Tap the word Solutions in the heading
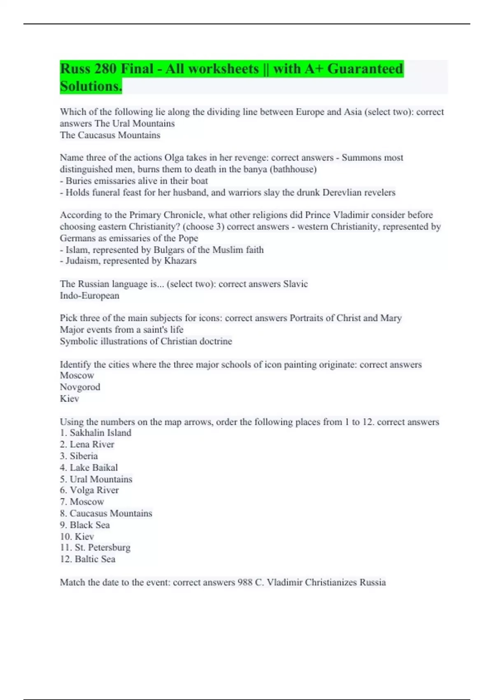coord(91,86)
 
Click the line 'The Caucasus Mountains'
coord(110,135)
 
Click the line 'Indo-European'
coord(89,296)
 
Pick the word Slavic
coord(295,284)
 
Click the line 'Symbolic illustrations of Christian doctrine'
coord(146,341)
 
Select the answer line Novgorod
coord(80,387)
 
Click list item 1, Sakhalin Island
coord(96,433)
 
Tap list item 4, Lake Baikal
coord(89,467)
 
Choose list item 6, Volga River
coord(89,490)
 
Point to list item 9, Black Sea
coord(85,525)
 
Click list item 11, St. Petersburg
coord(95,548)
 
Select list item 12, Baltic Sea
coord(88,559)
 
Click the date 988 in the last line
coord(245,582)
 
